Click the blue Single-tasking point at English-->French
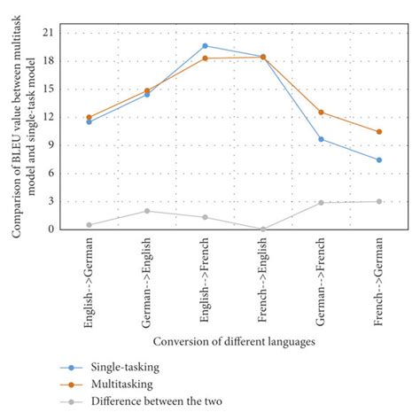point(205,45)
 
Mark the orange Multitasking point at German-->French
point(321,112)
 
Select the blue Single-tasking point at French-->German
point(379,159)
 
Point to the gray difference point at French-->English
point(263,229)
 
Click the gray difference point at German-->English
point(147,211)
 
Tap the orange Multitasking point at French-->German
point(379,132)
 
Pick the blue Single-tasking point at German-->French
point(321,139)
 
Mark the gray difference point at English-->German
point(89,224)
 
